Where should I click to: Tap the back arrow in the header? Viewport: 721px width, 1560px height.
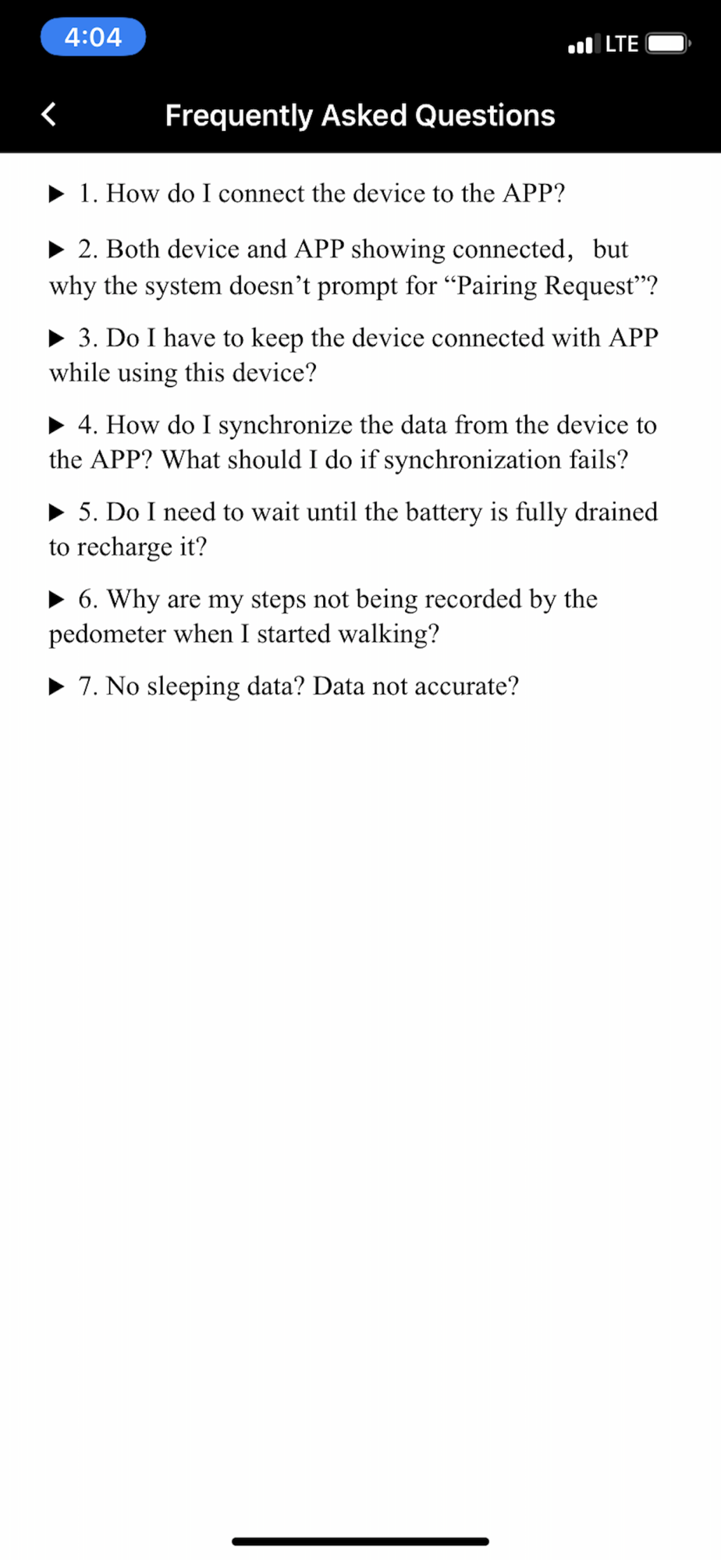[48, 115]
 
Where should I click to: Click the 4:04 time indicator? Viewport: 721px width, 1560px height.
[93, 37]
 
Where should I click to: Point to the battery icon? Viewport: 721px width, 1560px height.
[667, 43]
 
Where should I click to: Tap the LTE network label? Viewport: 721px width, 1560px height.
[622, 44]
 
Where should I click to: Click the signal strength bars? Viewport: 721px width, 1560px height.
[584, 44]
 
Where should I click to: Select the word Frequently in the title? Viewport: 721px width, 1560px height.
[239, 115]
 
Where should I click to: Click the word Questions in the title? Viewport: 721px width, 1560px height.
[485, 115]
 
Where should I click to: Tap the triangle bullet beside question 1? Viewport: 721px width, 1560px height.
[57, 193]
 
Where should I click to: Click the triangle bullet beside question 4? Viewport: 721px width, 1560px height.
[57, 425]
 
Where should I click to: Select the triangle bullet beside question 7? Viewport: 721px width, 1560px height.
[57, 686]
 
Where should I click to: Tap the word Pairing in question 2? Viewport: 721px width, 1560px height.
[496, 286]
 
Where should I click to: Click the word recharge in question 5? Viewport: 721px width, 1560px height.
[125, 548]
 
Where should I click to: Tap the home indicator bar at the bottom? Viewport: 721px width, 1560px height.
[360, 1540]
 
